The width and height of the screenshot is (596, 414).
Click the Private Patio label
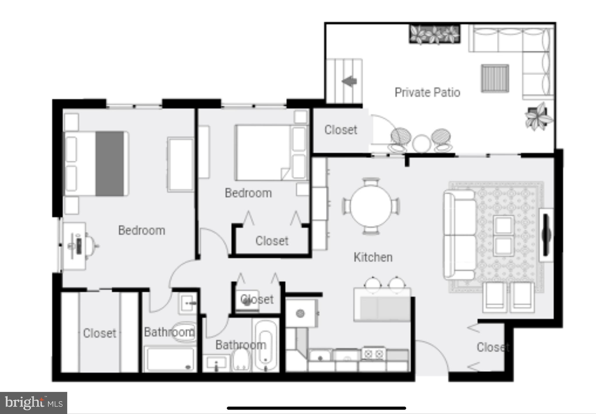point(427,92)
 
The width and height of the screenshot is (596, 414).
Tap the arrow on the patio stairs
point(349,81)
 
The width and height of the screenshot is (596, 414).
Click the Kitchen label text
point(373,257)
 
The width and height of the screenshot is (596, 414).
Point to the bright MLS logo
point(33,403)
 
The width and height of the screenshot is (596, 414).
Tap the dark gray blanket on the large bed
point(110,164)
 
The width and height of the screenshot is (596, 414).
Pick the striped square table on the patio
point(495,78)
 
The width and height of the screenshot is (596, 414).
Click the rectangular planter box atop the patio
point(434,34)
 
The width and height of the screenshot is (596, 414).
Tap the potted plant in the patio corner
point(538,116)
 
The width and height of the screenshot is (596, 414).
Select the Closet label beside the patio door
point(340,130)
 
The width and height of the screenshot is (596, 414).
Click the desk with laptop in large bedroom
point(75,246)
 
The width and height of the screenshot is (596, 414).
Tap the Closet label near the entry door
point(493,347)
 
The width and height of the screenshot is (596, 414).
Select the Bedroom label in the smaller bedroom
point(248,193)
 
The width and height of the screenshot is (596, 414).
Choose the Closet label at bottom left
point(99,333)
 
